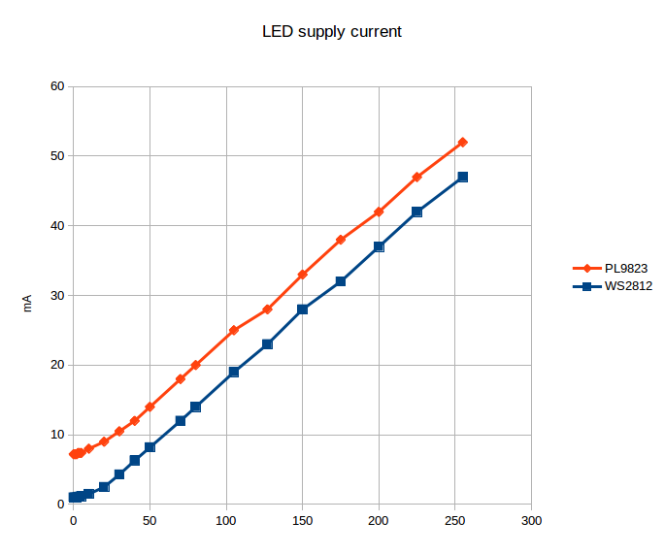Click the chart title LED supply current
click(332, 32)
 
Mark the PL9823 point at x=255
click(462, 142)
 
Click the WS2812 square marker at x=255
click(462, 177)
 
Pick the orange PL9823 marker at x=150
click(302, 275)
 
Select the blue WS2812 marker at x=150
click(302, 310)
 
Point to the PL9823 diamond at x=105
click(234, 330)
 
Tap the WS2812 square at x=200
click(379, 246)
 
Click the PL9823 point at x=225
click(416, 177)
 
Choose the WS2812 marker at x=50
click(150, 447)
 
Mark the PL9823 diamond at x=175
click(341, 240)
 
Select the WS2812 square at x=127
click(267, 344)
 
